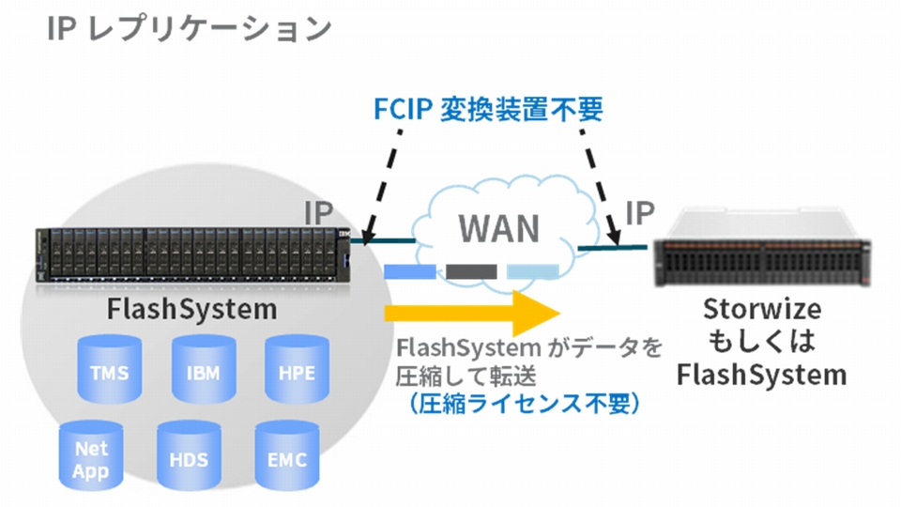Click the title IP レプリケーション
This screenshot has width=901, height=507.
click(x=188, y=28)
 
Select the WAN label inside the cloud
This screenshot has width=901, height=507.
click(x=499, y=228)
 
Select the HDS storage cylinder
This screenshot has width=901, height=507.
click(x=189, y=459)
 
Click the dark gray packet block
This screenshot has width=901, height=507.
click(x=471, y=272)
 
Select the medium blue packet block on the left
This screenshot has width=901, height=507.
click(x=410, y=272)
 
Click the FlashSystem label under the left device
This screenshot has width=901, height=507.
click(x=192, y=309)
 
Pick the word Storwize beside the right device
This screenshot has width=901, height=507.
click(x=761, y=310)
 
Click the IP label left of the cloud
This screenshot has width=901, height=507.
click(x=319, y=214)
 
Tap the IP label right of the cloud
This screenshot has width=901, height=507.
click(x=639, y=213)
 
